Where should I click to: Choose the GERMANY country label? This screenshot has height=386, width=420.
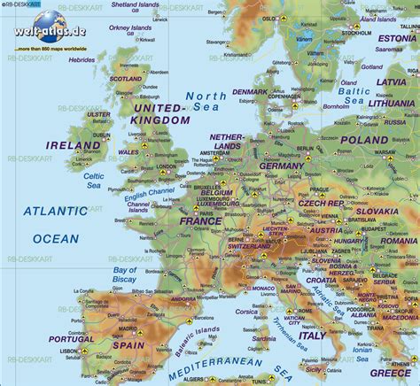click(283, 166)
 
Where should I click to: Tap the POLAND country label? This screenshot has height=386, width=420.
click(363, 140)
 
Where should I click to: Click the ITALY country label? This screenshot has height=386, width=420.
click(312, 336)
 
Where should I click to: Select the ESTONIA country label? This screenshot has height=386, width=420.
click(396, 39)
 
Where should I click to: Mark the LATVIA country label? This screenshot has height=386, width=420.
click(396, 82)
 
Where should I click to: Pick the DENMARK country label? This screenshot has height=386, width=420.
click(250, 92)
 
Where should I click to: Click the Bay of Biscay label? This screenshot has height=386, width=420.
click(125, 274)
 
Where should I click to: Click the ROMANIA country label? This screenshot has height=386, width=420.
click(398, 241)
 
